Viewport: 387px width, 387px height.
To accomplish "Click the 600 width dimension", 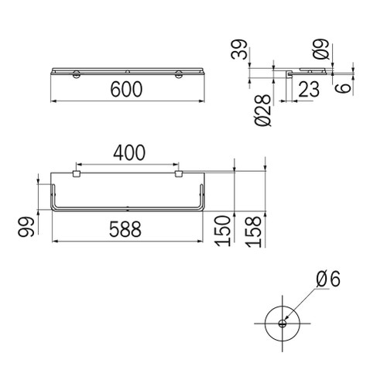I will tap(128, 90).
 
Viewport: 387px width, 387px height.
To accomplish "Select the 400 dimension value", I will tap(128, 153).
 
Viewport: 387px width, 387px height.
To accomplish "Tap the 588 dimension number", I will tap(128, 230).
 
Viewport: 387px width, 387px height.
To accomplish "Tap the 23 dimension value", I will tap(307, 90).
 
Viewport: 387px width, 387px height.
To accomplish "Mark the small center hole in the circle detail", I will tap(283, 324).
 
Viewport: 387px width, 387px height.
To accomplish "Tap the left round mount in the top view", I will tap(77, 74).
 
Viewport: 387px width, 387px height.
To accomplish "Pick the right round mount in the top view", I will tap(179, 74).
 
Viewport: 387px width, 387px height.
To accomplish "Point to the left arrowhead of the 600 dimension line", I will tap(54, 101).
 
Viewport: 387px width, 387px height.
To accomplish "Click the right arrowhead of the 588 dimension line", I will tap(203, 241).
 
